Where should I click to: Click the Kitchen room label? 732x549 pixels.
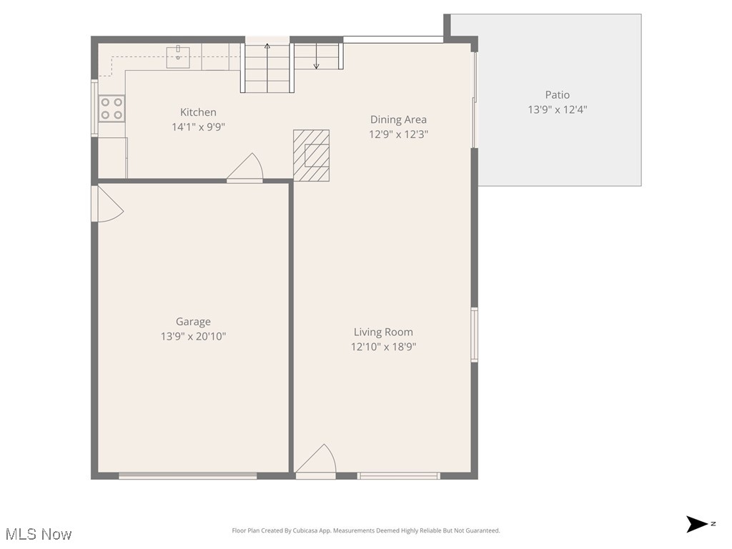coord(198,112)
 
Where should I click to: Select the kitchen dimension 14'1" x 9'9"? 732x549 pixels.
coord(198,127)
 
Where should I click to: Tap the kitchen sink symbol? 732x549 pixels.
coord(178,56)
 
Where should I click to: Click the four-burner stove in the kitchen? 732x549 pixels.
coord(111,109)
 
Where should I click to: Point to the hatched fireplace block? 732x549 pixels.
coord(312,155)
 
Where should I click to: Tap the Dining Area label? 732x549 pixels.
coord(398,119)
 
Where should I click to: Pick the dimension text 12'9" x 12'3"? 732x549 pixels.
coord(398,134)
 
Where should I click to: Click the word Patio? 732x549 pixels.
coord(558,94)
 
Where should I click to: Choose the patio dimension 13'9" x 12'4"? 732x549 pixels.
coord(558,109)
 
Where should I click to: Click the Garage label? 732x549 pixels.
coord(193,322)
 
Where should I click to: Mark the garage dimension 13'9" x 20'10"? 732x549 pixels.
coord(193,337)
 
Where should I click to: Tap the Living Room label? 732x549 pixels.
coord(383,332)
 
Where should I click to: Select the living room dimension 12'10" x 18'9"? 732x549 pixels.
coord(383,347)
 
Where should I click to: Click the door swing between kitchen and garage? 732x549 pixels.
coord(246,169)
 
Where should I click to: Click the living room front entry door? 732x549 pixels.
coord(317,460)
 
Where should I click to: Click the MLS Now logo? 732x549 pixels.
coord(39,534)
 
